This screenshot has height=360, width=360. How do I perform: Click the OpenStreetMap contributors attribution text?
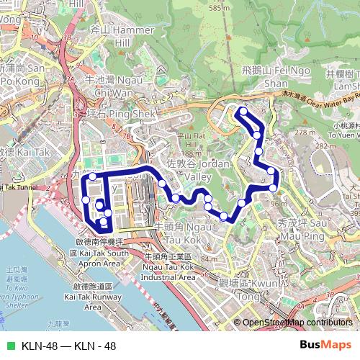[298, 323]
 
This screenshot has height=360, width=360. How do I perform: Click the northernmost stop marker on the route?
[243, 112]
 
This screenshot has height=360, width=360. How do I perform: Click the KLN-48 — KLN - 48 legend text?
[68, 346]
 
